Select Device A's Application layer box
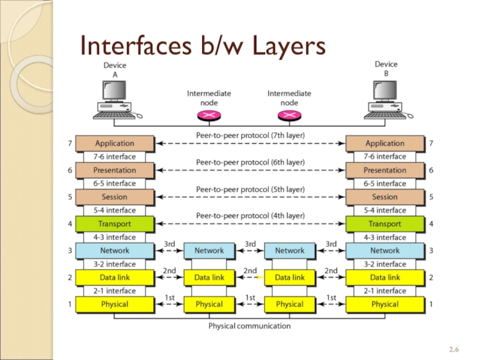point(115,143)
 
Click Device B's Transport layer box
point(385,224)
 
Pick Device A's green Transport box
point(115,224)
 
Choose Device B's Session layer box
point(385,197)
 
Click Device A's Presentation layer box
point(115,170)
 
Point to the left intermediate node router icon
point(209,115)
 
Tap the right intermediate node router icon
point(289,115)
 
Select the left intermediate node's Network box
point(209,251)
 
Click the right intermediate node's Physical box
point(290,304)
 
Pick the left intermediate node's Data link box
point(209,278)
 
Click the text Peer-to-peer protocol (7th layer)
point(250,136)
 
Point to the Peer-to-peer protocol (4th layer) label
point(250,215)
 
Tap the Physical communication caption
point(250,326)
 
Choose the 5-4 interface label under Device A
point(115,211)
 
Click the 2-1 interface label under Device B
point(385,291)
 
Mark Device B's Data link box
point(385,278)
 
